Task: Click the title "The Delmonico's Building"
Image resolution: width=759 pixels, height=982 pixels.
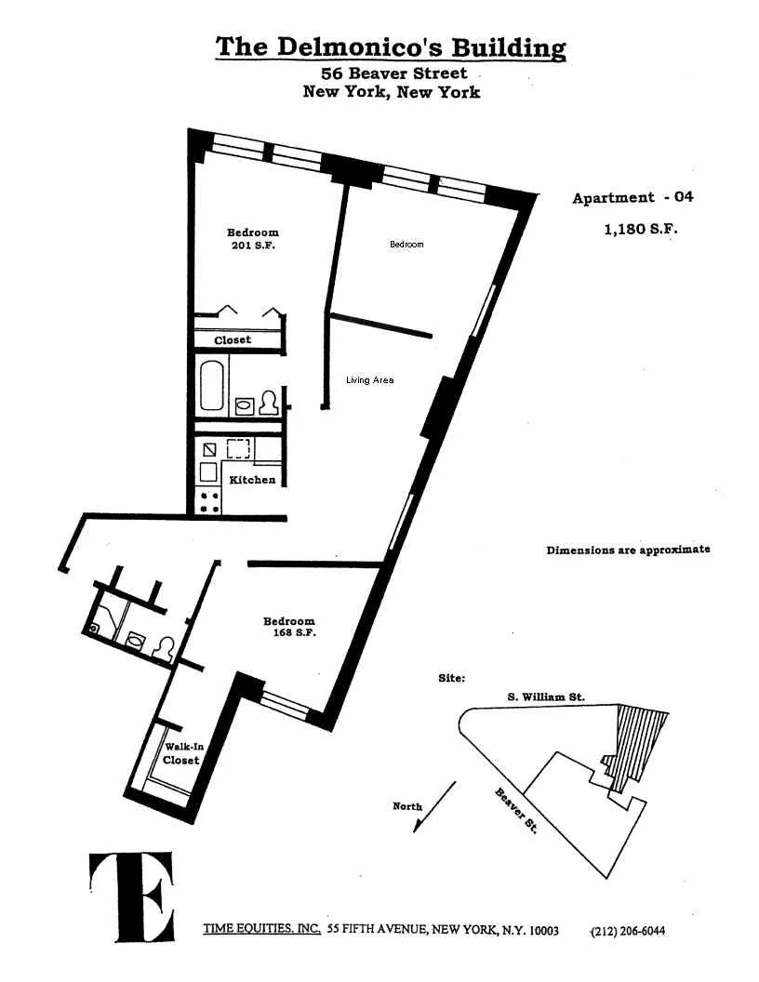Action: click(x=390, y=46)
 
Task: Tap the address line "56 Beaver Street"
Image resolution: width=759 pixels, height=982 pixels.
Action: click(x=394, y=73)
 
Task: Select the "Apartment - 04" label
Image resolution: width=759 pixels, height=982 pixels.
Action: click(x=632, y=197)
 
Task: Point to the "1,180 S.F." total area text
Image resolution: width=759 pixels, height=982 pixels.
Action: click(x=639, y=229)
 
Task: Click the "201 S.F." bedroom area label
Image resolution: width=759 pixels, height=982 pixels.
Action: click(x=252, y=245)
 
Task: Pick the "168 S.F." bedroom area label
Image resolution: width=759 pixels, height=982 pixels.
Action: click(x=289, y=633)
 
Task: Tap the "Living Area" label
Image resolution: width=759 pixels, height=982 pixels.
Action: click(x=369, y=379)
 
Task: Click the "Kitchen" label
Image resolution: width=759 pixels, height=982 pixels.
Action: click(x=252, y=480)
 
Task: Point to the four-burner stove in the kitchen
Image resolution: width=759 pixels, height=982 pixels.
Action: click(x=209, y=501)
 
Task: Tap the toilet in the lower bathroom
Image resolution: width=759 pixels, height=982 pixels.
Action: click(x=165, y=647)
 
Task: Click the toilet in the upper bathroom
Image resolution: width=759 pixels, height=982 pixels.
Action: click(x=269, y=403)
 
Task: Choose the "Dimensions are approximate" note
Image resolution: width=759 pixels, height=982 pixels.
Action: click(x=628, y=550)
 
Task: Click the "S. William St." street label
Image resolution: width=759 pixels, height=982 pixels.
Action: click(x=546, y=697)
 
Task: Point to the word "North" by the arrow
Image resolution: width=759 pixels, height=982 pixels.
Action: click(x=407, y=806)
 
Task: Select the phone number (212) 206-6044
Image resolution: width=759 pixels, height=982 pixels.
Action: click(x=628, y=932)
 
